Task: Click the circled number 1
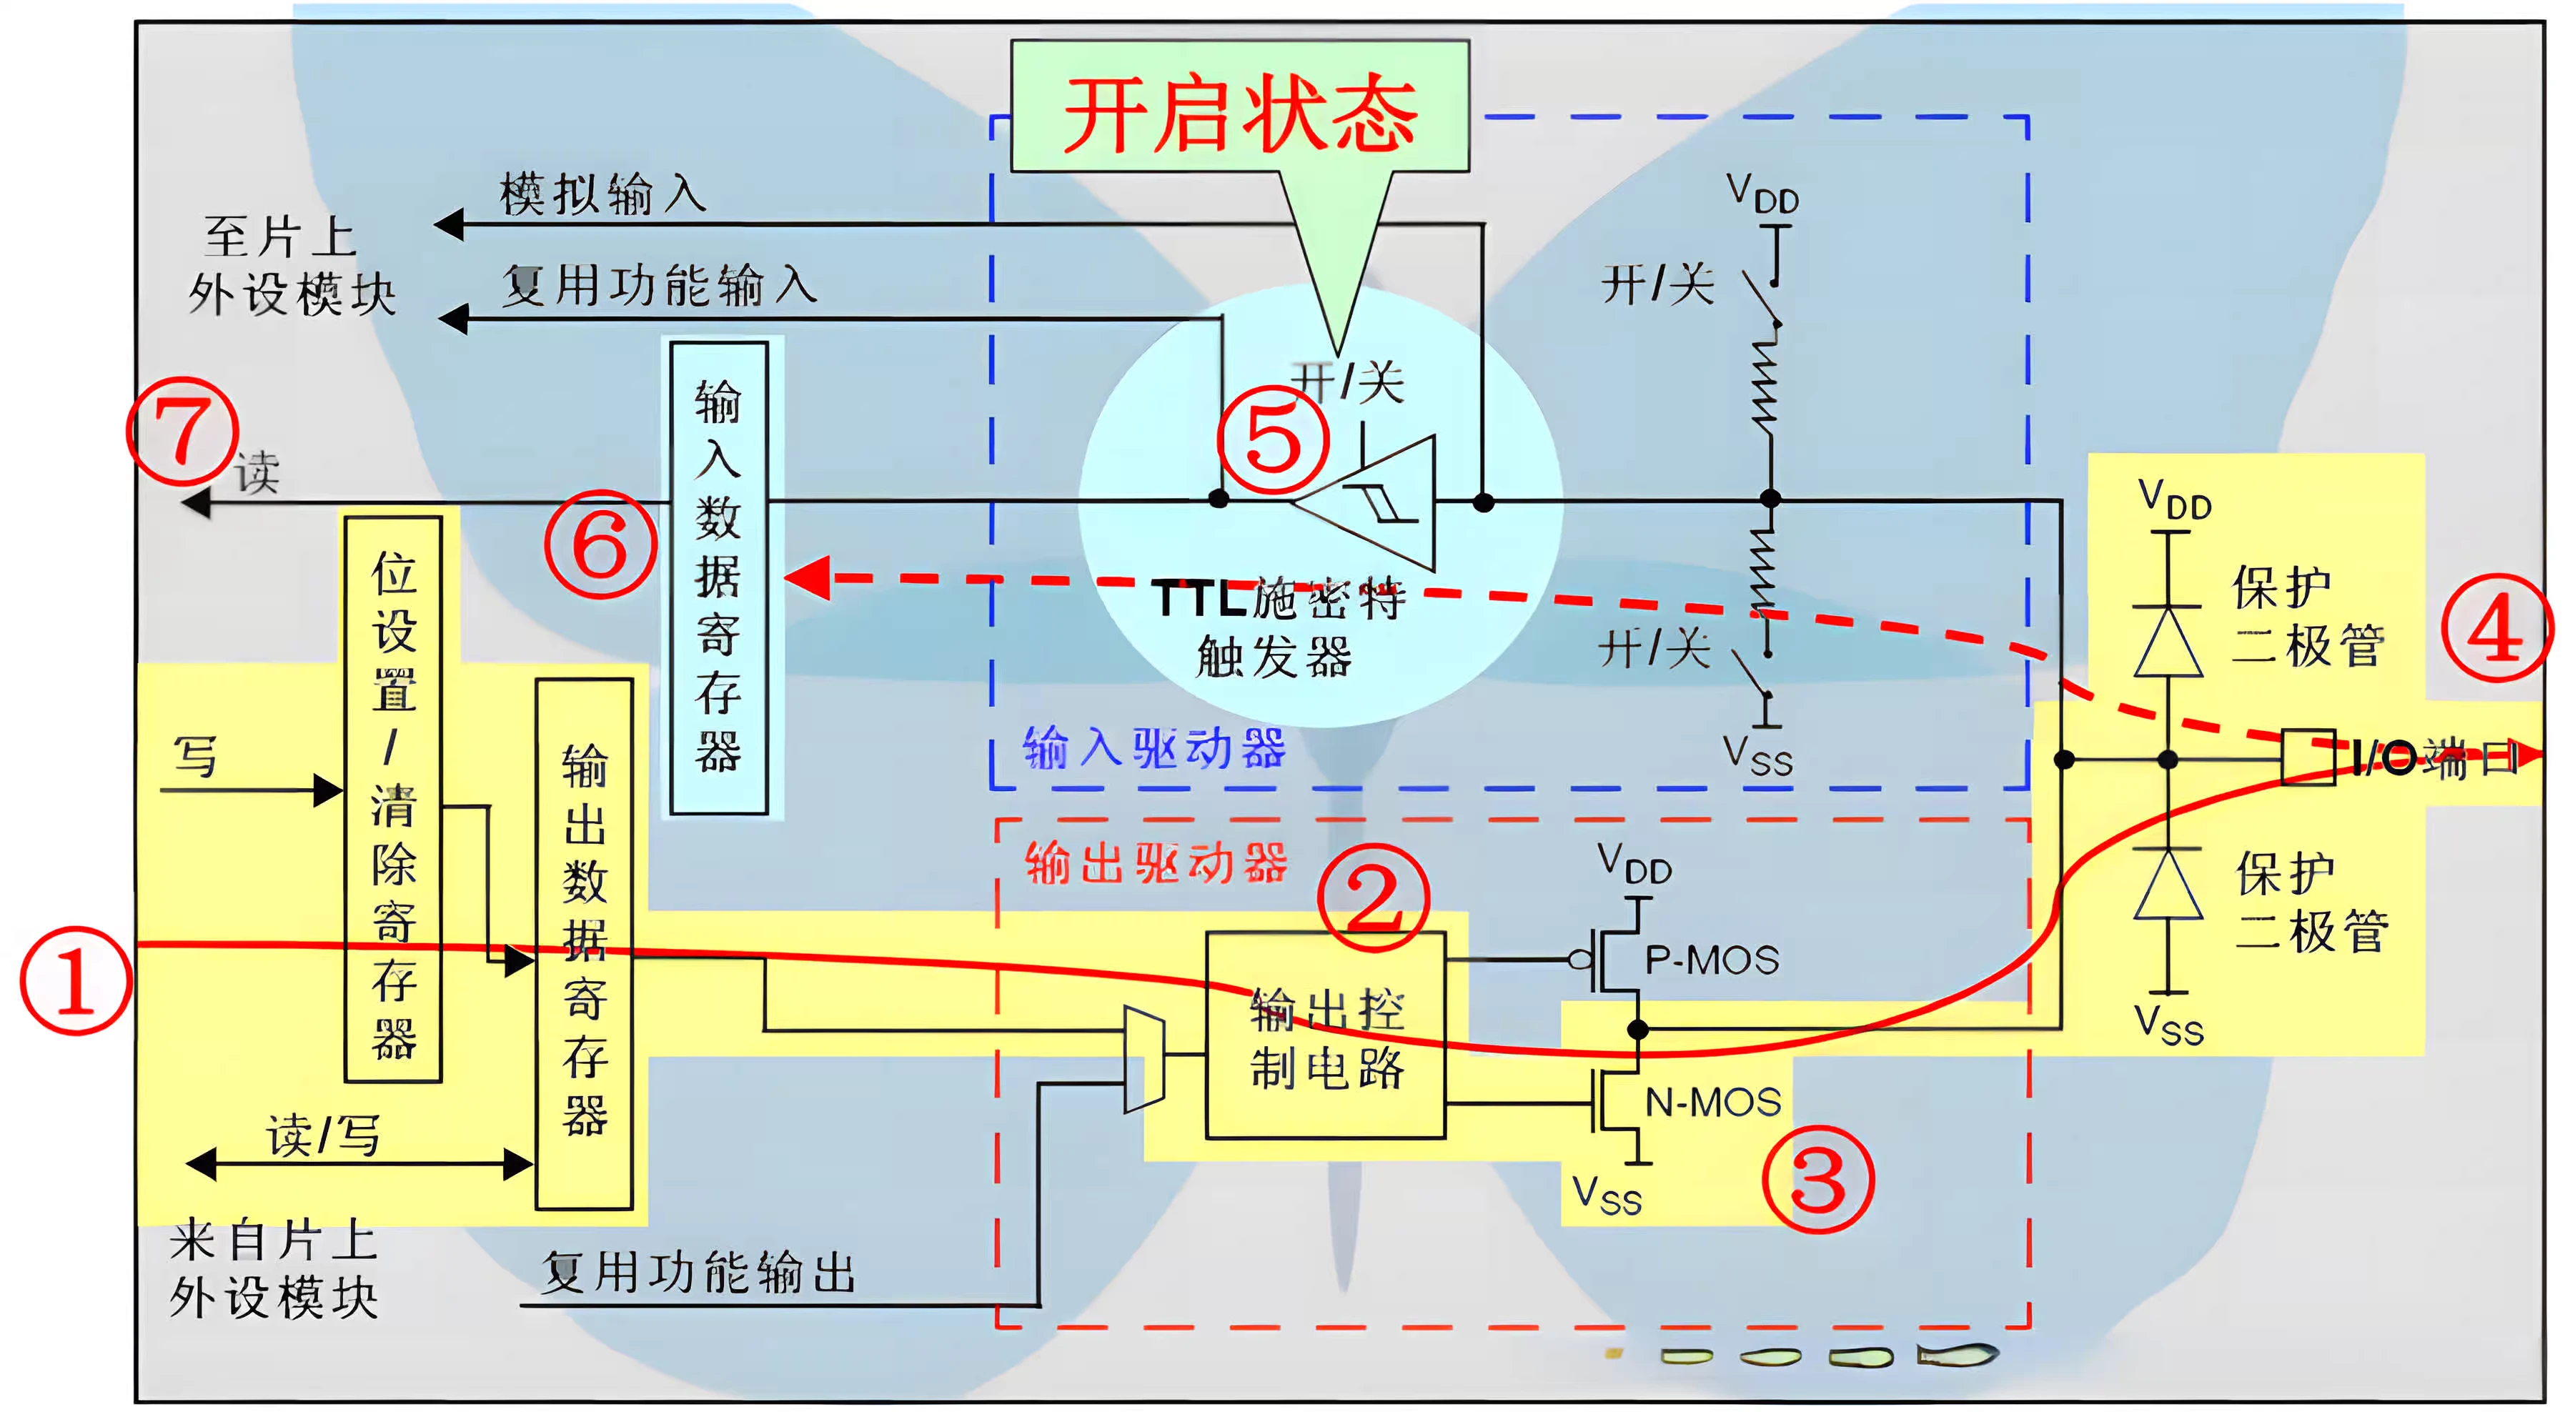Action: click(76, 981)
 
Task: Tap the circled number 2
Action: click(1373, 898)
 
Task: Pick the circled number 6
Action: click(600, 545)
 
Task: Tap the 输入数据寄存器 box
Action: click(718, 578)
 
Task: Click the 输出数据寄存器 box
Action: click(585, 943)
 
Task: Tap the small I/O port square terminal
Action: click(2308, 758)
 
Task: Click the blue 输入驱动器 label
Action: click(1154, 748)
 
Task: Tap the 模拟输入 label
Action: click(602, 194)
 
